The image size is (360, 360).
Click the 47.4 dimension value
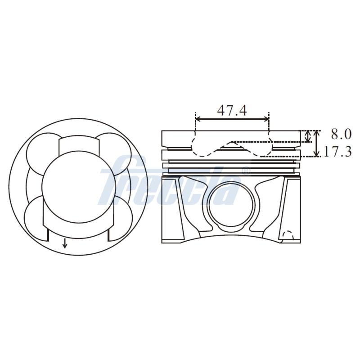(x=232, y=110)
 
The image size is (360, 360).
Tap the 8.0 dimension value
(x=341, y=134)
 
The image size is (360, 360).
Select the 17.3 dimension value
(x=337, y=152)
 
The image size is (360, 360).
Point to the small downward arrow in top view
(x=65, y=243)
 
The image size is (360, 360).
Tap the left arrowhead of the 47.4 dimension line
(x=198, y=119)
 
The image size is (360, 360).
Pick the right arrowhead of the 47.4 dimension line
(x=266, y=119)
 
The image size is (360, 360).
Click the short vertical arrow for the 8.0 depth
(x=309, y=136)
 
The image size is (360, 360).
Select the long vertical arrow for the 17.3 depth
(x=317, y=144)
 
